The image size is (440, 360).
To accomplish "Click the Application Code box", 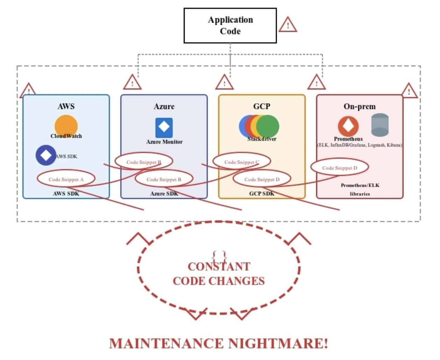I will [230, 26].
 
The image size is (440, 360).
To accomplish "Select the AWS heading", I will [66, 106].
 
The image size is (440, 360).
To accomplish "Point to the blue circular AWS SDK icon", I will [46, 155].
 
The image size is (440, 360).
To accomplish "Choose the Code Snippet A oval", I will [66, 179].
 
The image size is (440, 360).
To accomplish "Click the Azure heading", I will [164, 106].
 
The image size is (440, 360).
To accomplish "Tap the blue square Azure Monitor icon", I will [164, 128].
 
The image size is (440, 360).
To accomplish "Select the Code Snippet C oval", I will [242, 162].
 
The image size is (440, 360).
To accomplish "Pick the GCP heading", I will [262, 106].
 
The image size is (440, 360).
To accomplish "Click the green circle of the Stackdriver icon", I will [268, 126].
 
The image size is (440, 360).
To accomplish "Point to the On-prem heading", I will [360, 106].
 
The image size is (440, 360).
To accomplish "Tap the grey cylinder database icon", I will [380, 125].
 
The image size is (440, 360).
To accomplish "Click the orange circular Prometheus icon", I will [348, 126].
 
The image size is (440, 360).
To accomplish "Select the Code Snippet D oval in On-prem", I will [340, 168].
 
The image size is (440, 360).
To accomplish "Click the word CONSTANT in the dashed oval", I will [219, 267].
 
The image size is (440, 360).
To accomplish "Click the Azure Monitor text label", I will [164, 142].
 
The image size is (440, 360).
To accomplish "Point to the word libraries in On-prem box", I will [360, 194].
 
